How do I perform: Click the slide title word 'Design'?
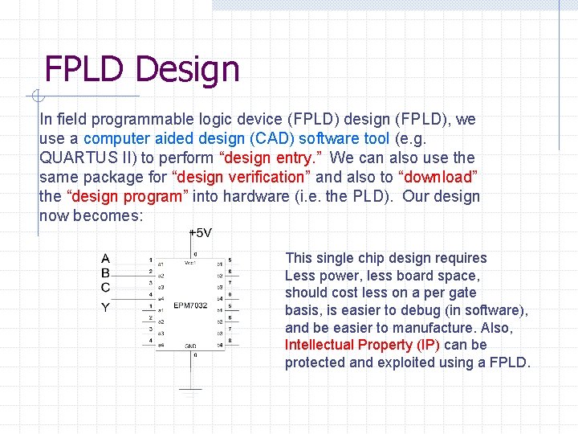pos(188,69)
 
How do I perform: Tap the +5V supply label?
pos(200,233)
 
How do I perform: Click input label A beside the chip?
pos(105,259)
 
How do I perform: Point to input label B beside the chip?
pos(105,272)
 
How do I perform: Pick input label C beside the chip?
pos(105,287)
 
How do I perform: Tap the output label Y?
pos(105,307)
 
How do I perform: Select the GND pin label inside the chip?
pos(191,346)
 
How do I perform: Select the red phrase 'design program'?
pos(128,196)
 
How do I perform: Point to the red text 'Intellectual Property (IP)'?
pos(360,345)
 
